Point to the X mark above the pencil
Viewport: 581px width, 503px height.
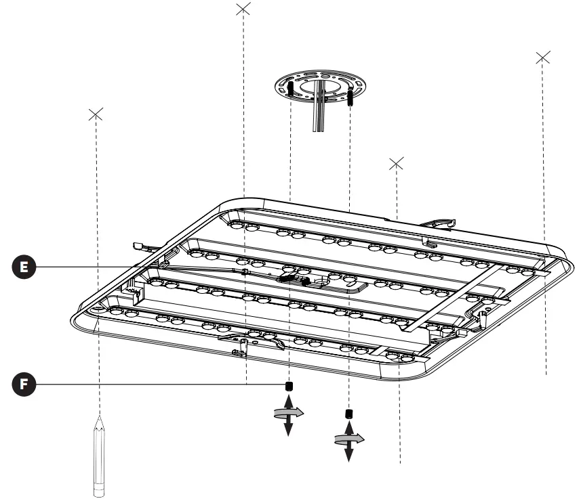pyautogui.click(x=96, y=114)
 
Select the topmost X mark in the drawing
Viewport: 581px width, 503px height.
pyautogui.click(x=243, y=9)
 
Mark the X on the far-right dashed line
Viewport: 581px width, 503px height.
pyautogui.click(x=542, y=58)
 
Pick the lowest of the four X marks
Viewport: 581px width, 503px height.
pyautogui.click(x=397, y=163)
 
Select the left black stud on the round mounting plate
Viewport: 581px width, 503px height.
pyautogui.click(x=290, y=89)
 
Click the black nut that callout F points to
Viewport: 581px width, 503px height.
pyautogui.click(x=289, y=386)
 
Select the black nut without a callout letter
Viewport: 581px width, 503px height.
pyautogui.click(x=349, y=414)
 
